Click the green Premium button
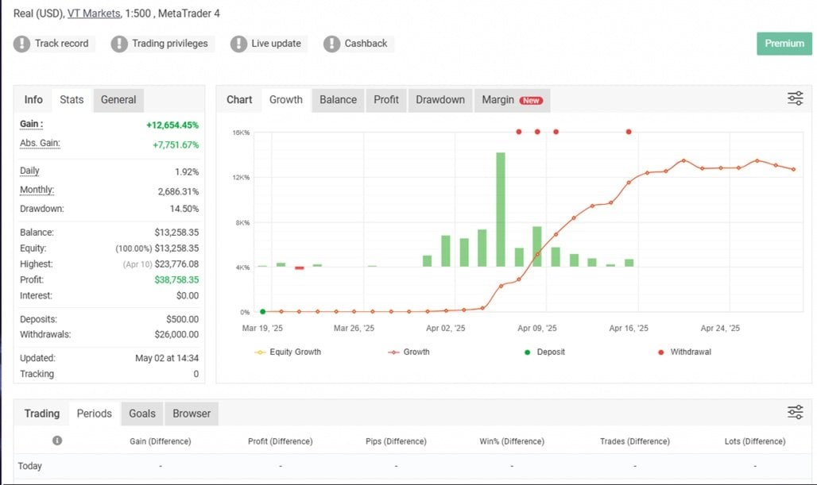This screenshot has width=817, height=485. (x=784, y=44)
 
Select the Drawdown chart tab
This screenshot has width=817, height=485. (x=439, y=100)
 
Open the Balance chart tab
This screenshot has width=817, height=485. (x=338, y=100)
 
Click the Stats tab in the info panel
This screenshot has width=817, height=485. (x=72, y=100)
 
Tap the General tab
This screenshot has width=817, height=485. (x=118, y=100)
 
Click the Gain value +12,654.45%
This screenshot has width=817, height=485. (x=172, y=125)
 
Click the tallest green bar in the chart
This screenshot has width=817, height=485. (x=501, y=209)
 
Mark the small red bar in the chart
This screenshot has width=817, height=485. (x=300, y=268)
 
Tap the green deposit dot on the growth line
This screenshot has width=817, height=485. (x=263, y=312)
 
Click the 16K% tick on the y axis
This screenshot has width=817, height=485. (x=241, y=133)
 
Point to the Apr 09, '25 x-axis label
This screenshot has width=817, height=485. (x=537, y=328)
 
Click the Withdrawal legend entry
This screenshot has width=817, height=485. (x=685, y=352)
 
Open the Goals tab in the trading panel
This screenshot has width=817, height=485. (x=142, y=414)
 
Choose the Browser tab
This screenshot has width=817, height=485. (x=192, y=414)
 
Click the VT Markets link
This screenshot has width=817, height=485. (x=94, y=14)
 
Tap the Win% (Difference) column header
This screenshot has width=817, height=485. (x=512, y=441)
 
